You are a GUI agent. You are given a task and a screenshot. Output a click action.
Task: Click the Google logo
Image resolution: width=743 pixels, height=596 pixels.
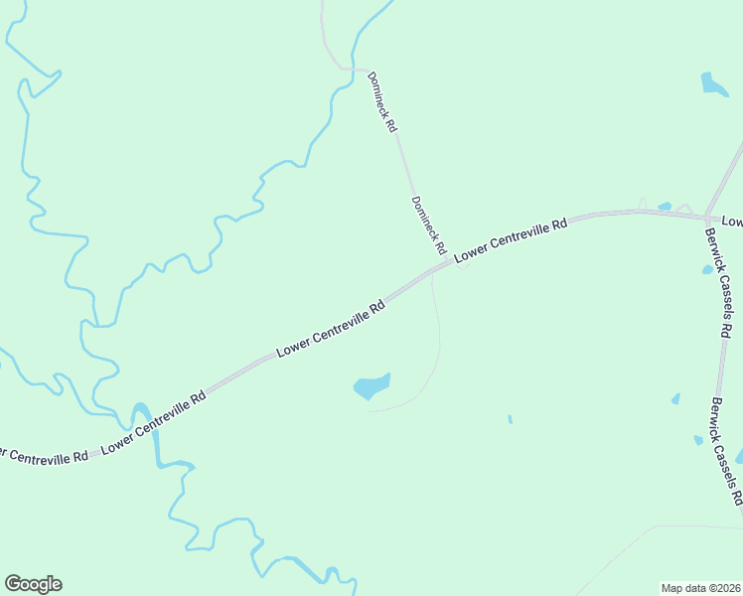point(33,584)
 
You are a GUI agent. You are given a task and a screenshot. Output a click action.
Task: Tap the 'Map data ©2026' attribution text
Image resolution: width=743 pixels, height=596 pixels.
point(701,588)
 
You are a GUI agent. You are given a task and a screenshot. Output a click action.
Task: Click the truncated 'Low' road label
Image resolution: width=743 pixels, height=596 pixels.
point(732,221)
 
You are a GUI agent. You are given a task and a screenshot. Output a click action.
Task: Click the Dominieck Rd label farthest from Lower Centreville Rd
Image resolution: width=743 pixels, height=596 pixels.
point(382,102)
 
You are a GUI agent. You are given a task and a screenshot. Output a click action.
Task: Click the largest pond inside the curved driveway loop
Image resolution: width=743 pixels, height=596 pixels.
point(371,385)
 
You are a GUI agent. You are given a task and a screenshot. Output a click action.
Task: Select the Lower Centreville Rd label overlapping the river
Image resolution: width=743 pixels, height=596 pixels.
point(153,422)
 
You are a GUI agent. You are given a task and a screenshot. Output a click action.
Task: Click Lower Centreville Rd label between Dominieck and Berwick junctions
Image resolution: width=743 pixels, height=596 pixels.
point(511,239)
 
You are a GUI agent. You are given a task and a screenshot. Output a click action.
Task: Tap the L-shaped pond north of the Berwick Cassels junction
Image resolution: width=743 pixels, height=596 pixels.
point(713,84)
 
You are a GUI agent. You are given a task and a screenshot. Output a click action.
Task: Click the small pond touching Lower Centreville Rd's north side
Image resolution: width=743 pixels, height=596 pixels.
point(665,207)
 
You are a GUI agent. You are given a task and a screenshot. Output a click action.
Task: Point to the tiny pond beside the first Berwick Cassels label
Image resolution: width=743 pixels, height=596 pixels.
point(707,269)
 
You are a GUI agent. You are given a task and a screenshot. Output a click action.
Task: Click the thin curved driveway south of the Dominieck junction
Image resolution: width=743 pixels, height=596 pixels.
point(438,338)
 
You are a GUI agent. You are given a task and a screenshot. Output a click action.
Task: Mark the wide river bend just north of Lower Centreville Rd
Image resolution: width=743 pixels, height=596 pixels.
point(142,412)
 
